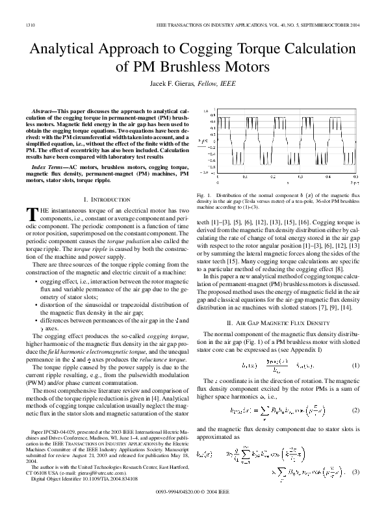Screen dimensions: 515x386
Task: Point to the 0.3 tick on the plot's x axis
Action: (300, 176)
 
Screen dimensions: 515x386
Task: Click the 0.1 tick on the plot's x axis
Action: (245, 176)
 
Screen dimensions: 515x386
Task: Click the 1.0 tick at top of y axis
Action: (205, 111)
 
